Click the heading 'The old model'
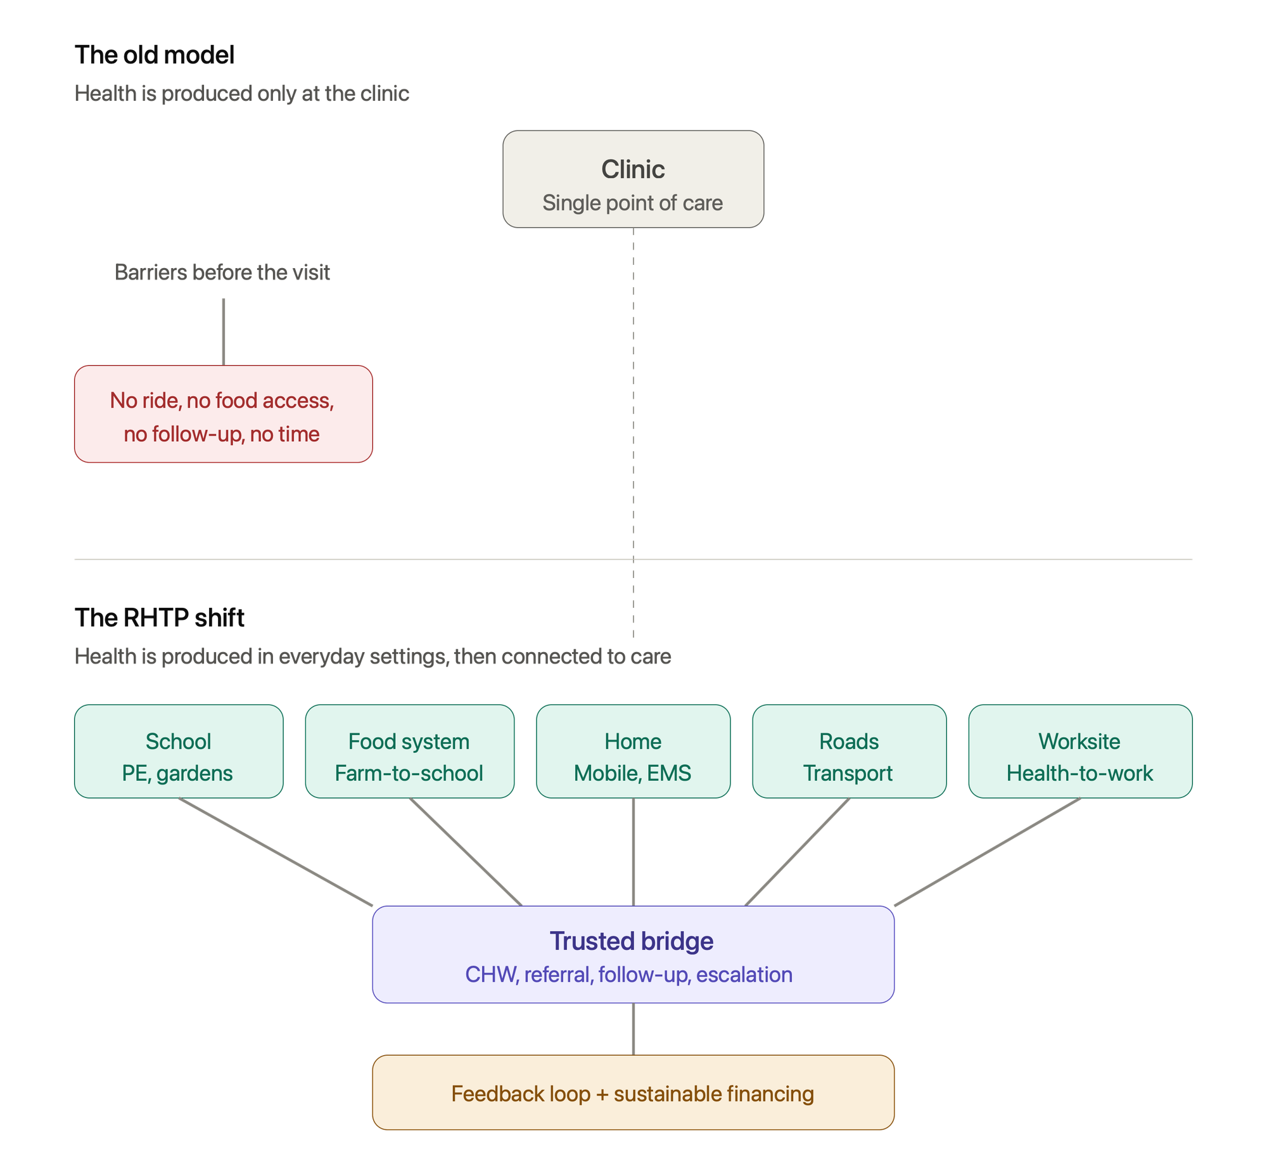tap(155, 55)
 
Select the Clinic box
tap(633, 179)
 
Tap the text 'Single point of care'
tap(632, 203)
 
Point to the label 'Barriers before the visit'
tap(222, 272)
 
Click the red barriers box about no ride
tap(224, 414)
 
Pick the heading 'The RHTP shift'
tap(160, 618)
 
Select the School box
tap(179, 751)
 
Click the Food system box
tap(410, 751)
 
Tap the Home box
tap(633, 751)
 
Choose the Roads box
tap(850, 751)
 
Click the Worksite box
tap(1081, 751)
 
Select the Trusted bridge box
tap(633, 954)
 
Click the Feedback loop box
tap(633, 1093)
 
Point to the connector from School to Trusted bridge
tap(276, 852)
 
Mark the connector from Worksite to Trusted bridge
tap(988, 852)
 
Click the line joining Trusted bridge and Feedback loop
tap(633, 1029)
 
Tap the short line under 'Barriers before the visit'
tap(224, 332)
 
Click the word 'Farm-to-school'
tap(409, 773)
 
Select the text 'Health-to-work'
tap(1080, 773)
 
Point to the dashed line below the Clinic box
tap(633, 433)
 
